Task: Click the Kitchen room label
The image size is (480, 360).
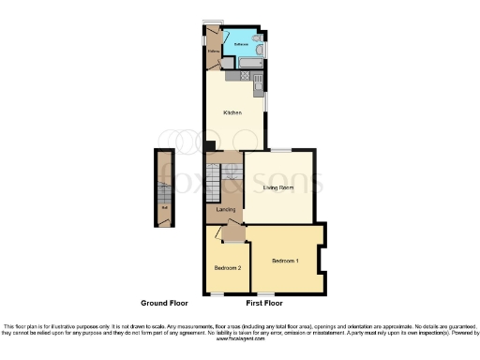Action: pyautogui.click(x=232, y=112)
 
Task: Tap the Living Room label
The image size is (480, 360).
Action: pyautogui.click(x=278, y=187)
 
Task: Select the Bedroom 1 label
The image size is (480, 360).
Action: pyautogui.click(x=285, y=259)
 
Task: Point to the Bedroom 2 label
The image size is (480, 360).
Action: pyautogui.click(x=228, y=268)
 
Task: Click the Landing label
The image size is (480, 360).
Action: pyautogui.click(x=225, y=209)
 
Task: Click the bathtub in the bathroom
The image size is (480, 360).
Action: pyautogui.click(x=252, y=64)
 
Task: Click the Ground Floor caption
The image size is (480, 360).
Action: pyautogui.click(x=165, y=304)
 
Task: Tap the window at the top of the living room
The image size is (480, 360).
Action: pyautogui.click(x=281, y=150)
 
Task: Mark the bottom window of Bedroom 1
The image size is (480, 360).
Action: pyautogui.click(x=282, y=294)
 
